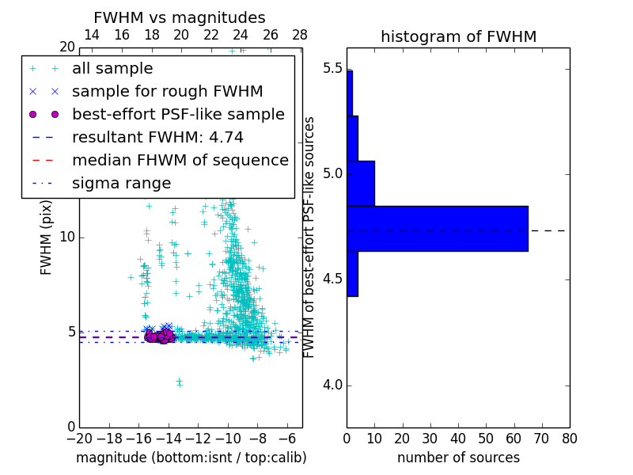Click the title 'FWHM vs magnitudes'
pos(180,18)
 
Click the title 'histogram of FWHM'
pos(458,37)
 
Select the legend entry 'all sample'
pos(112,69)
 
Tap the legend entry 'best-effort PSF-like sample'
pos(178,115)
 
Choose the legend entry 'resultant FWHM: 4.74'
pos(157,138)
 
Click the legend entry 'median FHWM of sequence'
pos(180,161)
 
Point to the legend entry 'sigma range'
pos(121,184)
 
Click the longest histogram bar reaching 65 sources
pos(437,229)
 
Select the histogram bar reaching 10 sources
pos(361,183)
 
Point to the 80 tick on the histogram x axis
pos(569,438)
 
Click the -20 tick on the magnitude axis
pos(79,438)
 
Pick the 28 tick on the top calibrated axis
pos(300,36)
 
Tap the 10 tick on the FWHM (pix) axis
pos(68,237)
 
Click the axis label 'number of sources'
pos(458,458)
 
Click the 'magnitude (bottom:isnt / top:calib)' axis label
pos(191,458)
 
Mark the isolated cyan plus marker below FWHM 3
pos(179,382)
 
